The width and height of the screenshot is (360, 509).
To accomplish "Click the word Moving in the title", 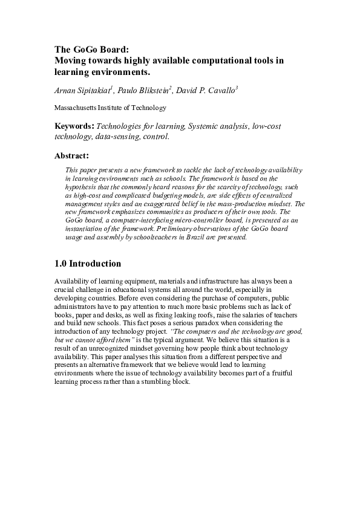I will pyautogui.click(x=71, y=60).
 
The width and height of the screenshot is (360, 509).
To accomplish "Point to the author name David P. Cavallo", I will pyautogui.click(x=206, y=91).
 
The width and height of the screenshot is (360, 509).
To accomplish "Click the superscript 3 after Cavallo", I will pyautogui.click(x=237, y=88).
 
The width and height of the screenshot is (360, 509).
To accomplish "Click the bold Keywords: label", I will pyautogui.click(x=74, y=126).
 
